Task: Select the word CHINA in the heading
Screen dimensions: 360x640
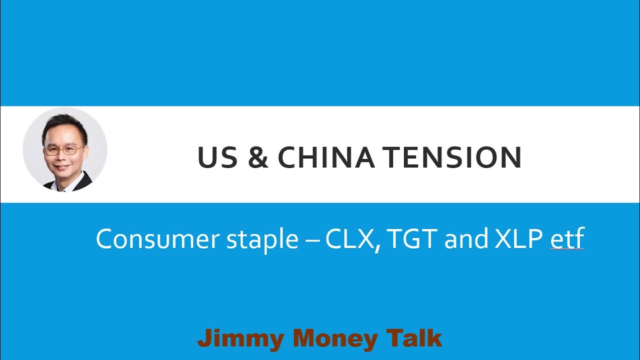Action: tap(326, 157)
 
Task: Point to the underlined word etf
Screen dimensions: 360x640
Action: tap(567, 239)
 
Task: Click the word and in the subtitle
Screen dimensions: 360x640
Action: tap(466, 239)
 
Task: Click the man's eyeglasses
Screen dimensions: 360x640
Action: tap(63, 149)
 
